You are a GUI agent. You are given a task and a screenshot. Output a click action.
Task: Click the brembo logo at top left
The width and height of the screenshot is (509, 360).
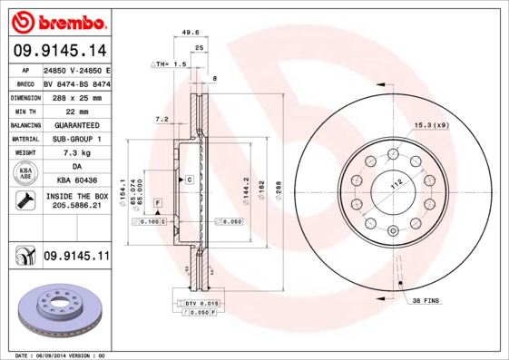(56, 19)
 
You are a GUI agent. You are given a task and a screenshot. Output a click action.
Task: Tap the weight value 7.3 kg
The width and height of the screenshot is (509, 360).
(76, 153)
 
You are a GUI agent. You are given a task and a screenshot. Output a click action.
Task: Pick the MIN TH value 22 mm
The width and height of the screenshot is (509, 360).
(76, 110)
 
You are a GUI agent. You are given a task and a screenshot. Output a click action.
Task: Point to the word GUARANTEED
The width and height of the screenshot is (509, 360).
(76, 124)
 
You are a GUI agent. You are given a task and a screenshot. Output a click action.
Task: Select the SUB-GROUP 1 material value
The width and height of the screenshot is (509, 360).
(76, 139)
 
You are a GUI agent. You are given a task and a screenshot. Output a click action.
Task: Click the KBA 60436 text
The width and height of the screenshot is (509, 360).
(76, 180)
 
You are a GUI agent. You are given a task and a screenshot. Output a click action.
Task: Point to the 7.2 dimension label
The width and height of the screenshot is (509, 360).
(162, 119)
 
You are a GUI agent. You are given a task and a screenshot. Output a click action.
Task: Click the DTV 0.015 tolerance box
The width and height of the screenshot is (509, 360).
(201, 302)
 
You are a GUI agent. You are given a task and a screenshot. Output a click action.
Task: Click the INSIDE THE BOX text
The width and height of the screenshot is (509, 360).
(76, 196)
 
